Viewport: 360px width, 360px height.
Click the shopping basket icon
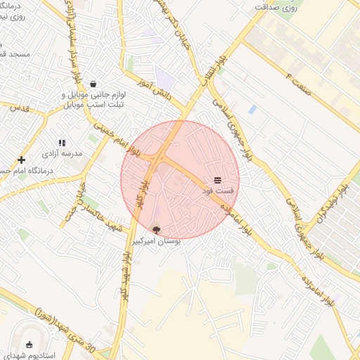(x=93, y=84)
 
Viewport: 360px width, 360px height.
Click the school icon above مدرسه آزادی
(x=62, y=143)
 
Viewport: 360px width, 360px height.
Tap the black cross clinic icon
(x=22, y=160)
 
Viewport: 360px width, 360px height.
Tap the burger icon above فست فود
(x=217, y=180)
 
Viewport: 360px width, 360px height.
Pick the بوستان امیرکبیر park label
(x=156, y=240)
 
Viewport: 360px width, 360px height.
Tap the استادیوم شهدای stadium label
(x=31, y=356)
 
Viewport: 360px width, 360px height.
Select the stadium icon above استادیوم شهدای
(x=30, y=344)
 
